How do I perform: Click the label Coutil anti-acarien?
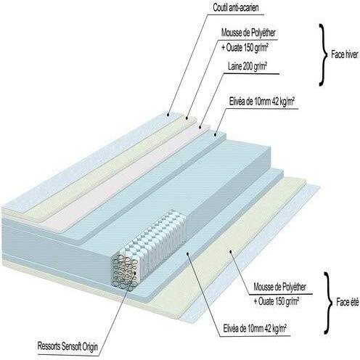tap(236, 8)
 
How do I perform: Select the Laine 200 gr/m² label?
tap(247, 66)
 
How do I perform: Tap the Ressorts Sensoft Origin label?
tap(67, 346)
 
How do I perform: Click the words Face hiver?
tap(345, 54)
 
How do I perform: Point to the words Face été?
tap(348, 303)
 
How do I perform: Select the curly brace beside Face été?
tap(328, 303)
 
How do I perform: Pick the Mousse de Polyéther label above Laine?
tap(248, 33)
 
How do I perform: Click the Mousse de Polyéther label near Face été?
tap(279, 287)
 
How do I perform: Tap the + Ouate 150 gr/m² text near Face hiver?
tap(245, 48)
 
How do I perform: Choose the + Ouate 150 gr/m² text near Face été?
tap(277, 302)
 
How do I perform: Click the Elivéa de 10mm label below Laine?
tap(262, 102)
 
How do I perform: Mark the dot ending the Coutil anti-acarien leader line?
tap(168, 115)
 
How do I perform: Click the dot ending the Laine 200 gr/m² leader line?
tap(200, 127)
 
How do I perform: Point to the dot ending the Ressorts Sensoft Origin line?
tap(134, 272)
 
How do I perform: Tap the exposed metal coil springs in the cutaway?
tap(125, 273)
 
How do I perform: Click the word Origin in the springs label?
tap(89, 347)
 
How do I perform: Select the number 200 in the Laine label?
tap(248, 66)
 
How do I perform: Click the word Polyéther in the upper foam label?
tap(262, 33)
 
